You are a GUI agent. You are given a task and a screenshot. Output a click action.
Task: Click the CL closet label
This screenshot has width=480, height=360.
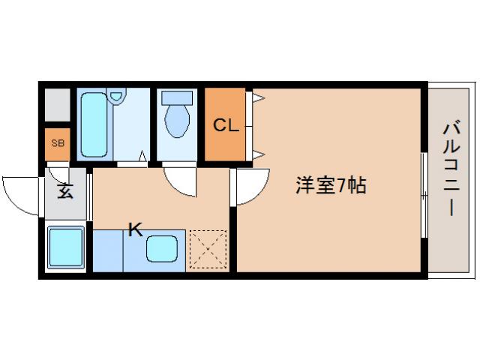click(225, 125)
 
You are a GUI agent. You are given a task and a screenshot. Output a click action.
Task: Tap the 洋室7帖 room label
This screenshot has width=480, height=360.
click(330, 186)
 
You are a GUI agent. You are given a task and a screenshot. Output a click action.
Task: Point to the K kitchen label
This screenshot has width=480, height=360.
click(135, 229)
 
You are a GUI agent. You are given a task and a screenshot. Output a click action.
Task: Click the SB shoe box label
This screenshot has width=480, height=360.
click(57, 142)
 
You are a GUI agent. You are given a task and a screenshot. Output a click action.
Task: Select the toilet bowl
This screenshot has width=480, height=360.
click(177, 121)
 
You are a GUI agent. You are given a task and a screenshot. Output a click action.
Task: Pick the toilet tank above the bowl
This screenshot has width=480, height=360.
click(177, 97)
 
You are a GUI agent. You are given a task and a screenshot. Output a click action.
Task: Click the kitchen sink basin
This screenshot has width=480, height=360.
click(163, 249)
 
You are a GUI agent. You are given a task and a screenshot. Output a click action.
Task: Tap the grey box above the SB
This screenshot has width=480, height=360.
click(57, 106)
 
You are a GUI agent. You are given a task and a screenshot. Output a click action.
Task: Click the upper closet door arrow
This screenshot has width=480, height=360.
click(258, 97)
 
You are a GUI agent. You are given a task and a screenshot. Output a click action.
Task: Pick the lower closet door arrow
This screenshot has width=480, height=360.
click(258, 154)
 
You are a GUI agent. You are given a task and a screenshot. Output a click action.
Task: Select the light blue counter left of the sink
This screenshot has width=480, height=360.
click(107, 250)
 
